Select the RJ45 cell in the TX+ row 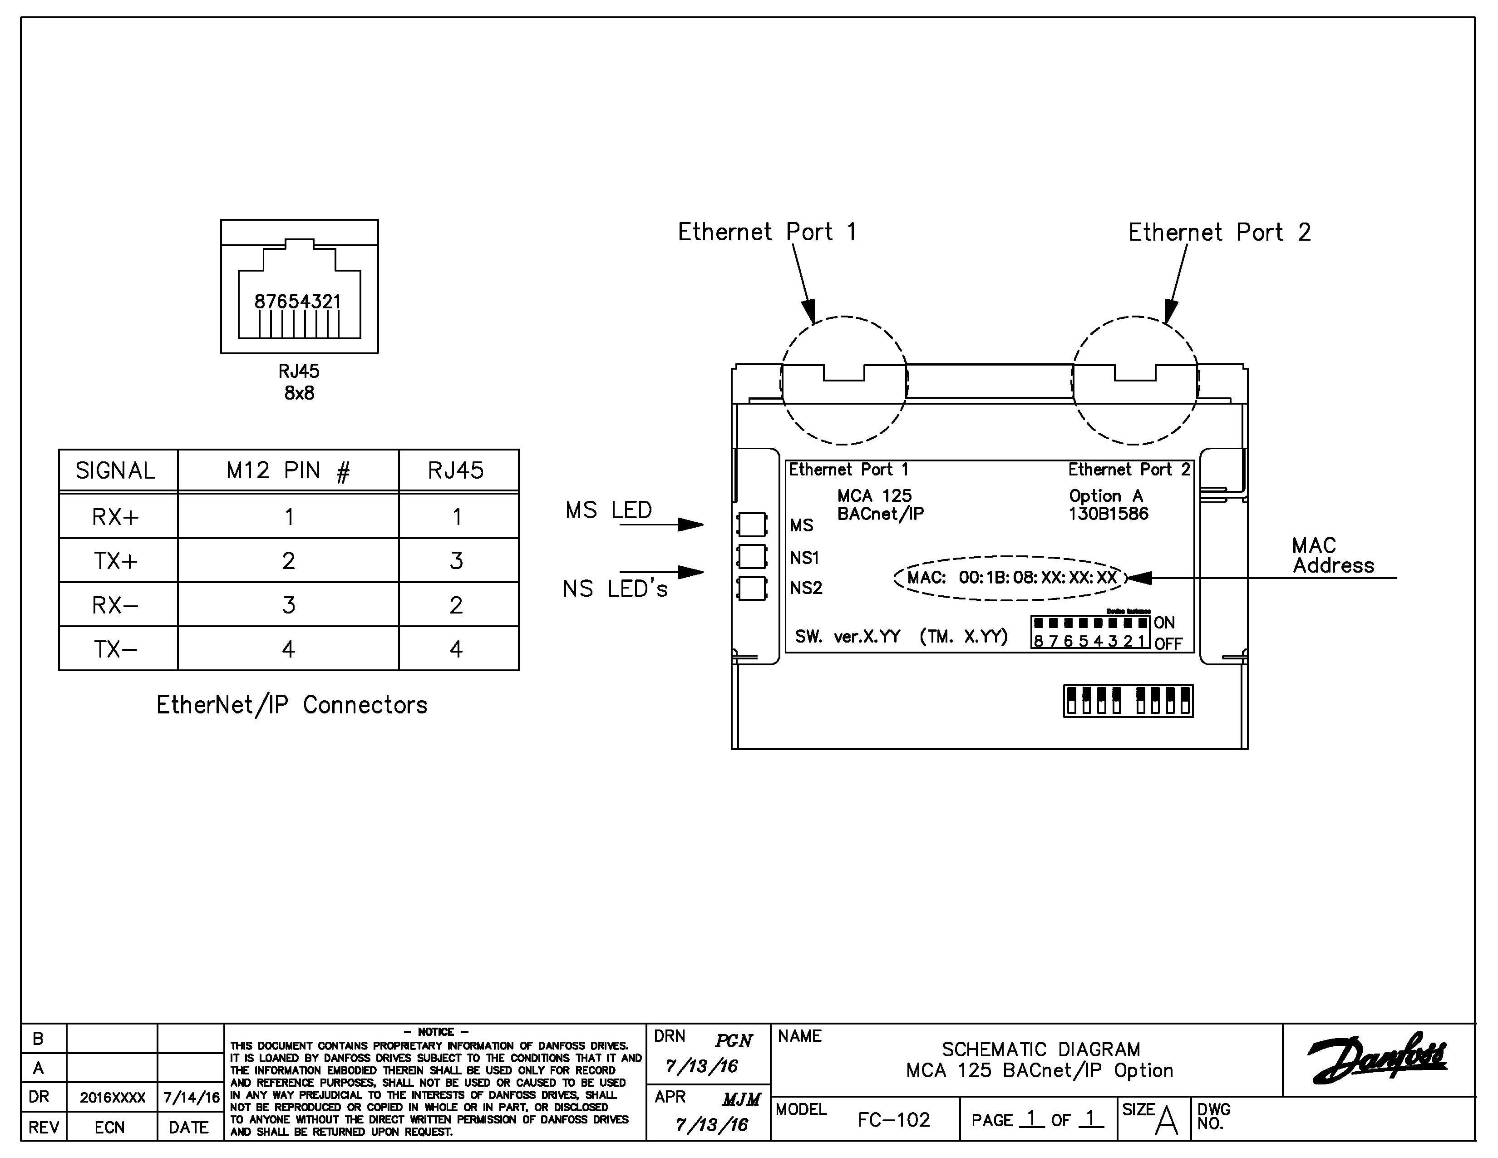coord(456,560)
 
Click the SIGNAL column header coord(115,470)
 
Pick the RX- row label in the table coord(115,605)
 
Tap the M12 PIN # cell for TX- coord(288,649)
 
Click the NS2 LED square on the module coord(752,589)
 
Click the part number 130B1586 coord(1108,514)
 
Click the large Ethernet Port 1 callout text coord(767,232)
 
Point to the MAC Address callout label coord(1332,556)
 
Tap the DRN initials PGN coord(733,1041)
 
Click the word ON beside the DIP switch coord(1164,623)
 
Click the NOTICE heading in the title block coord(435,1032)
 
